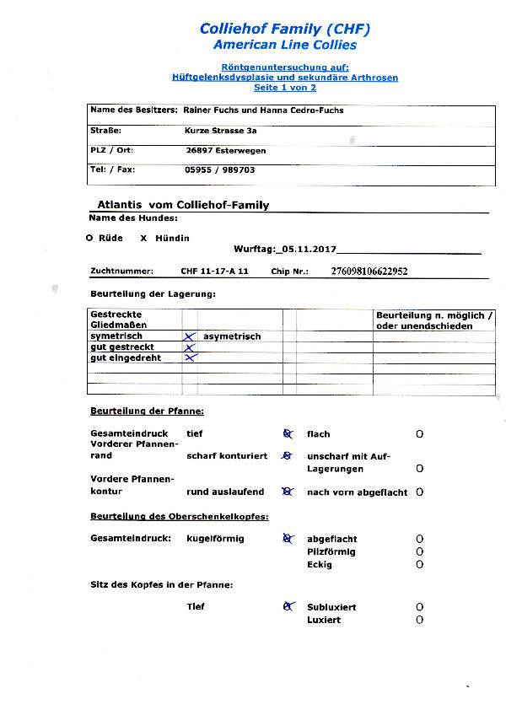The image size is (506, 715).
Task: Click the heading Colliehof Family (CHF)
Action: (x=285, y=29)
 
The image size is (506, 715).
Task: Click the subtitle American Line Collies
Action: (x=285, y=45)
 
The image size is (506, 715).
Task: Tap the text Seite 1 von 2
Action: (x=285, y=88)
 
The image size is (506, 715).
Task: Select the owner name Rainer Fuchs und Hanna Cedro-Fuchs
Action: (x=262, y=110)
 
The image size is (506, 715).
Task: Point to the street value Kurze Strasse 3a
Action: (x=221, y=131)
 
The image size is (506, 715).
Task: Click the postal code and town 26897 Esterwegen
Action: (x=225, y=150)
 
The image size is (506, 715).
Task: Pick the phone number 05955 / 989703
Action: (x=220, y=169)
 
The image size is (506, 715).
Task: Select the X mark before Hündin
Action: (x=144, y=239)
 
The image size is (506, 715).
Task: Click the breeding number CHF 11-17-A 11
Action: (x=214, y=271)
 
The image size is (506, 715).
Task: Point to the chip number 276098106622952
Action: (x=369, y=271)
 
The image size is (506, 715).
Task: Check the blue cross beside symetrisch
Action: (x=190, y=336)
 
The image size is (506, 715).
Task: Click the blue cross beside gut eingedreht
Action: (x=190, y=357)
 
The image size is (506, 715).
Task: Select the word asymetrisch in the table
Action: (x=232, y=336)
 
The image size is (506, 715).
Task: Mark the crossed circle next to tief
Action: (x=288, y=433)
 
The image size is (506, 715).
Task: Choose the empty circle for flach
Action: (x=419, y=434)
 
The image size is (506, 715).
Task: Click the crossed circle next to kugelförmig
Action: (x=288, y=538)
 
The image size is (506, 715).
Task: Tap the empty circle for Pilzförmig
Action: (x=419, y=551)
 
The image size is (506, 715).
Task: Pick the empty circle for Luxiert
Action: (x=419, y=620)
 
